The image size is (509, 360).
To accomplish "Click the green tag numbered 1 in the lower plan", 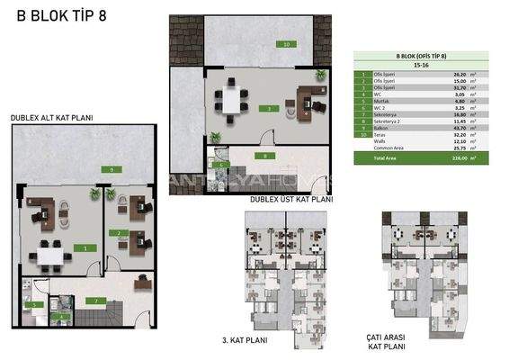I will [85, 247].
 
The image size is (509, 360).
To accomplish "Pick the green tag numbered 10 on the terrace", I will [285, 43].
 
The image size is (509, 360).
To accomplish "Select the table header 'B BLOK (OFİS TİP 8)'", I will [417, 56].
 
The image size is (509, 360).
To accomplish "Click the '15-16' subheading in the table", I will [417, 65].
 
